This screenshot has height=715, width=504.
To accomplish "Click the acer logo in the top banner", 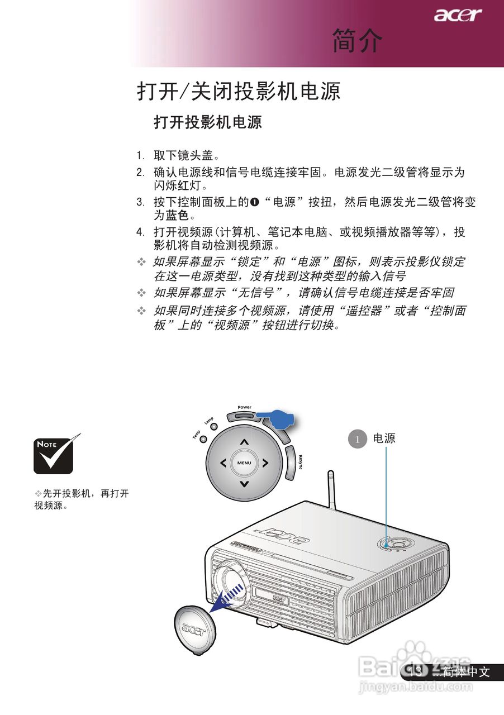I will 458,15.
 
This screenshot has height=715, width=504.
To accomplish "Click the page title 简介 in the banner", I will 358,41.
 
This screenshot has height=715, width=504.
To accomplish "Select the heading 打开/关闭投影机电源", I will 239,92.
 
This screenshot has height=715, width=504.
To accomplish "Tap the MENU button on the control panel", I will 244,463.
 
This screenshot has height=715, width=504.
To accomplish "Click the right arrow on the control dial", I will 265,463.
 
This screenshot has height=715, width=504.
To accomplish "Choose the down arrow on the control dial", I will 244,484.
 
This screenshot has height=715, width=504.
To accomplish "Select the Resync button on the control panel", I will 290,463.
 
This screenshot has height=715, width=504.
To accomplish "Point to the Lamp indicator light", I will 214,427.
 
